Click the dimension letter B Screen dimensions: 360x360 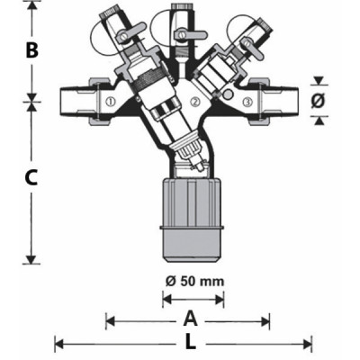coord(31,50)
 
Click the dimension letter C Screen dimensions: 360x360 coord(31,177)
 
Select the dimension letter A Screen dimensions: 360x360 coord(190,319)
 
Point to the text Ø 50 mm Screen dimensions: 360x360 coord(194,281)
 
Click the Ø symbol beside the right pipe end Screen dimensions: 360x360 coord(317,102)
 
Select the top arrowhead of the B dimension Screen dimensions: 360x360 coord(31,5)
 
